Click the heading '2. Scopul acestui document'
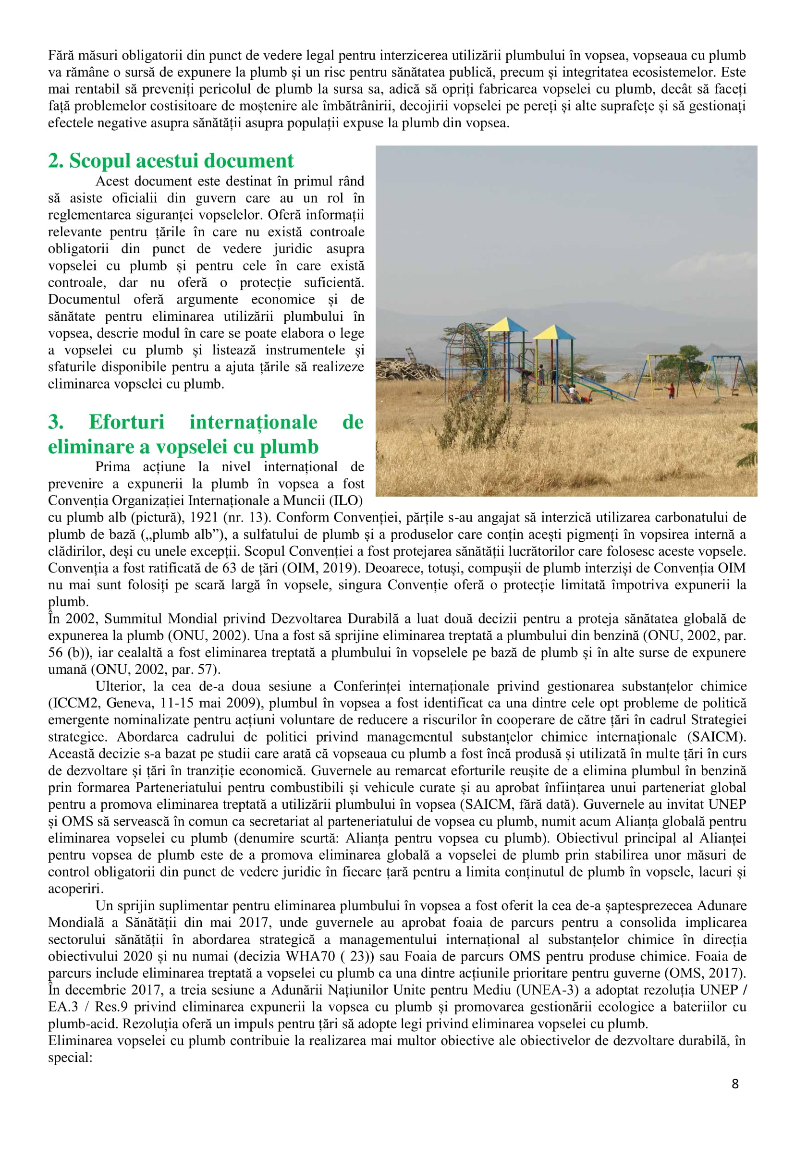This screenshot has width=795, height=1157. point(171,161)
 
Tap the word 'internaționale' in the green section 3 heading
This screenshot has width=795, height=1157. point(253,422)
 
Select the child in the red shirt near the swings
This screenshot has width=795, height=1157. point(672,390)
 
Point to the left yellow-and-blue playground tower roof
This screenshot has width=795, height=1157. point(506,325)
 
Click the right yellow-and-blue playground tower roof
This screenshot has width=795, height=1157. point(554,332)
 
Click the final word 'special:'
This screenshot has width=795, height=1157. point(70,1058)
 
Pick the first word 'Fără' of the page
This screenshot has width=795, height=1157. point(59,55)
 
